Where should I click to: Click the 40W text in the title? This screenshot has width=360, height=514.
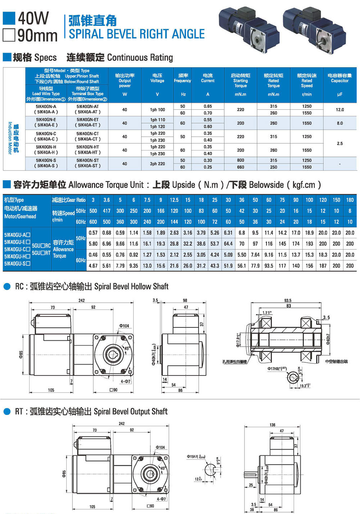tap(33, 18)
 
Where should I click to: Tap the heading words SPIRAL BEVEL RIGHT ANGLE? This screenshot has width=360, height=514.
tap(136, 34)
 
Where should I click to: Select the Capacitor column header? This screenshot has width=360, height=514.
tap(339, 78)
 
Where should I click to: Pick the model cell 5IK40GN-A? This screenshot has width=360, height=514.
tap(46, 107)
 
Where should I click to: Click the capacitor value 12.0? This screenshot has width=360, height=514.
tap(339, 110)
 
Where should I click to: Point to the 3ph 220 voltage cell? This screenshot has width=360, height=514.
tap(157, 164)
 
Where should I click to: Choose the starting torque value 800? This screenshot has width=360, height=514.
tap(240, 161)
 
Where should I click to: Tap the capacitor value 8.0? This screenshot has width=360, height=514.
tap(339, 123)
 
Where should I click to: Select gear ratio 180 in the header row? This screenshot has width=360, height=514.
tap(350, 200)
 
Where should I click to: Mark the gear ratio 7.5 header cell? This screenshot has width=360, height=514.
tap(147, 200)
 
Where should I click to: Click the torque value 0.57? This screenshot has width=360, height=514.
tap(93, 233)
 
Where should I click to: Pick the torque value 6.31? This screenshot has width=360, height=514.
tap(228, 233)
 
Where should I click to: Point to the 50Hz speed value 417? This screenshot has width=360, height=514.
tap(107, 211)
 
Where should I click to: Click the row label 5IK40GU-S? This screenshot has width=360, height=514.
tap(17, 263)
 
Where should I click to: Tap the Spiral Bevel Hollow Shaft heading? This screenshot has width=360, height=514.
tap(131, 287)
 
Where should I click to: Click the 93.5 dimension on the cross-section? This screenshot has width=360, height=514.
tap(288, 300)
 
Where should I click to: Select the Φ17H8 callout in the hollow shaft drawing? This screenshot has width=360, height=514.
tap(276, 369)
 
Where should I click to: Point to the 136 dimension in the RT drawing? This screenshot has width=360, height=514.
tap(273, 425)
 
